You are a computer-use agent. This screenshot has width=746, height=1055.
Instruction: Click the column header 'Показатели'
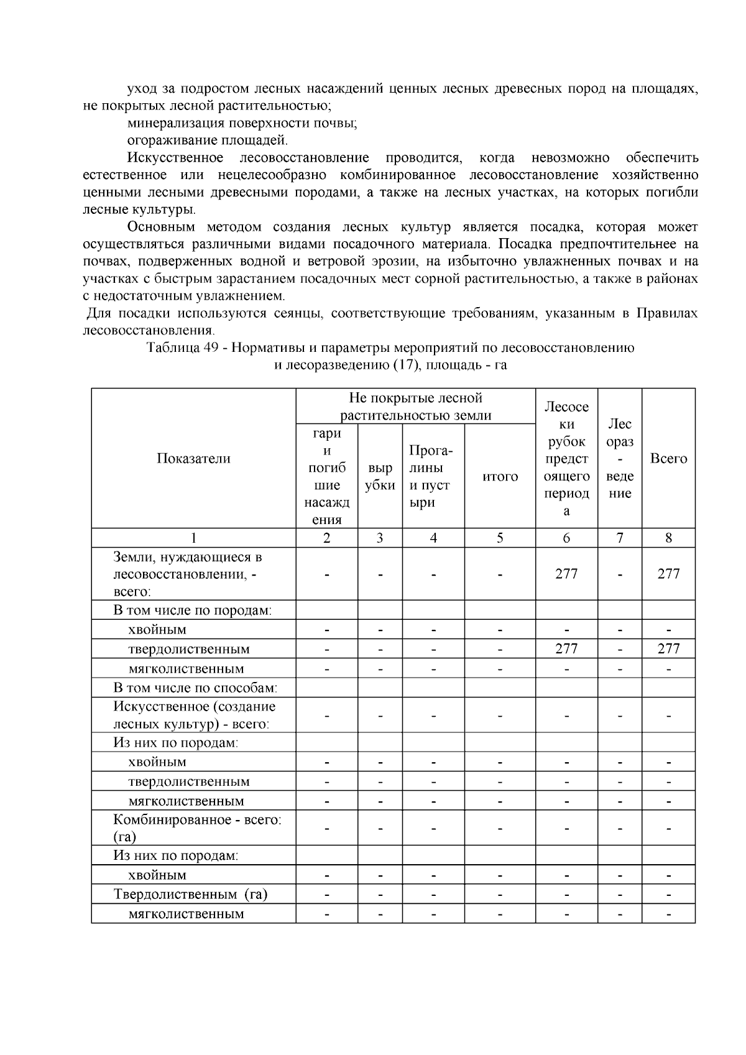[193, 459]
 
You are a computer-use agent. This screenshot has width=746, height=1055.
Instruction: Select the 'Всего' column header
[668, 459]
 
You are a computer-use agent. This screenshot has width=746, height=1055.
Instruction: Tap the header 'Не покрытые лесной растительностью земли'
[415, 407]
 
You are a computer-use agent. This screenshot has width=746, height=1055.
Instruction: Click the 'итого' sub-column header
[500, 476]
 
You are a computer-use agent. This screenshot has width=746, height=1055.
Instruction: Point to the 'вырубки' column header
[380, 477]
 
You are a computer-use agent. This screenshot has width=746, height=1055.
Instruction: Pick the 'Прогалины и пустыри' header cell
[433, 476]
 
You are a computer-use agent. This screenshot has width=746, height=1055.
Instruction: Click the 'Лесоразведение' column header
[620, 459]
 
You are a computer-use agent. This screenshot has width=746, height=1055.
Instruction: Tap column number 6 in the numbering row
[566, 538]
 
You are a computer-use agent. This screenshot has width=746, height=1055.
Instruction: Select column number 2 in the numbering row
[326, 538]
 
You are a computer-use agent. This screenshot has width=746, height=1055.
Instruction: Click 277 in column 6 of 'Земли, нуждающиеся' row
[566, 574]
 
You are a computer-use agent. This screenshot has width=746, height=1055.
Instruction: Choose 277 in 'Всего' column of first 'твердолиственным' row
[668, 649]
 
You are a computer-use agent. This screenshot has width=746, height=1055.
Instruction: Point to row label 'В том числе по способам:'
[195, 688]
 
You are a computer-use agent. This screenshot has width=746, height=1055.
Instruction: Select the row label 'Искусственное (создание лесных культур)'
[194, 716]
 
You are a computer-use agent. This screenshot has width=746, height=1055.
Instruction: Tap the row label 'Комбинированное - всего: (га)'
[196, 828]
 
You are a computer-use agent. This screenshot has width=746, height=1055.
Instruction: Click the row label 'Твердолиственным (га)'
[190, 895]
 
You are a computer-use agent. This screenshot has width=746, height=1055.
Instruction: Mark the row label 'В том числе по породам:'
[193, 610]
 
